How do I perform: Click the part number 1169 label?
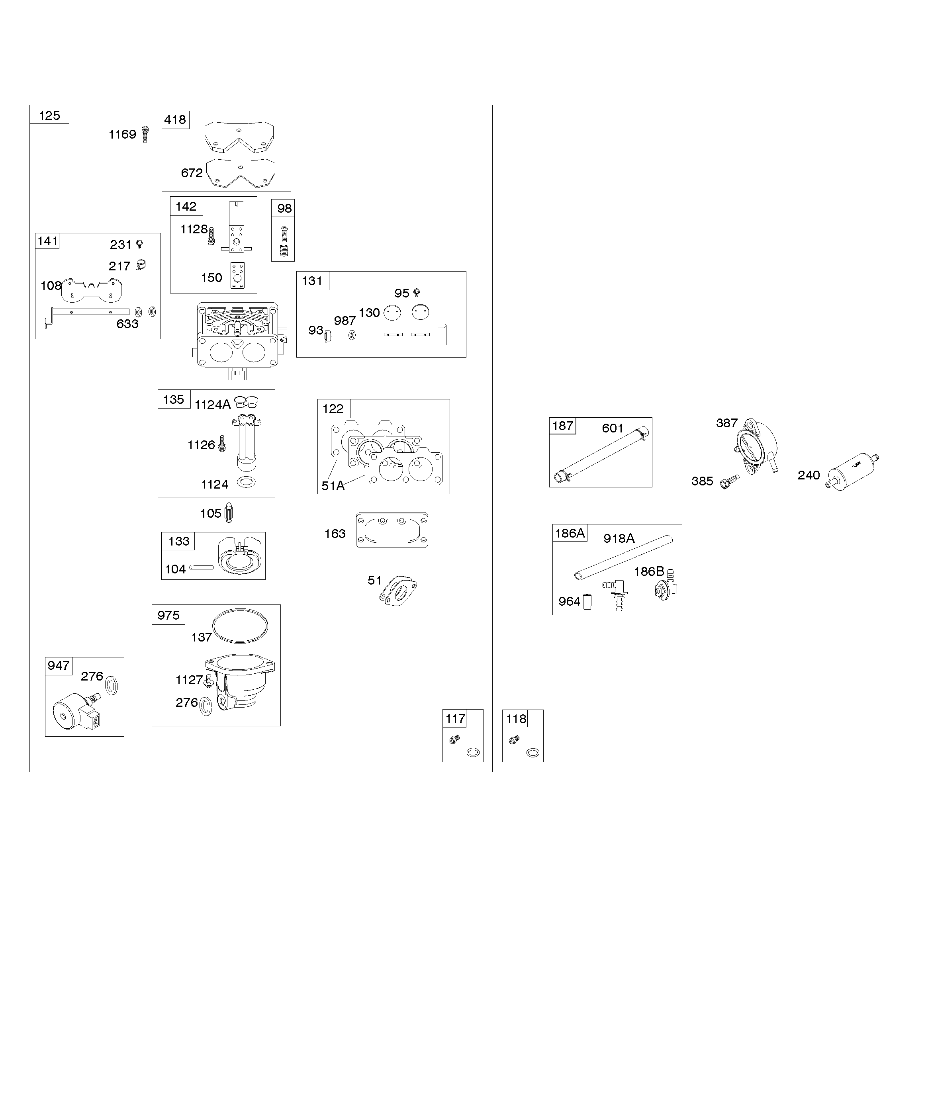click(122, 135)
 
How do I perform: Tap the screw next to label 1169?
click(146, 135)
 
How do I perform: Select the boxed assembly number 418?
click(175, 119)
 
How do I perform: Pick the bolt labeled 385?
click(730, 481)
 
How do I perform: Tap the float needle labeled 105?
click(229, 512)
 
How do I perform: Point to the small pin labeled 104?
click(202, 567)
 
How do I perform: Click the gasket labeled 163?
click(392, 530)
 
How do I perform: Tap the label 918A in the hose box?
click(619, 538)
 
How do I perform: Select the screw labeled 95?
click(417, 293)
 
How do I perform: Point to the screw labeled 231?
click(139, 244)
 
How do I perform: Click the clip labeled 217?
click(141, 265)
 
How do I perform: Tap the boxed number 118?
click(516, 719)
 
